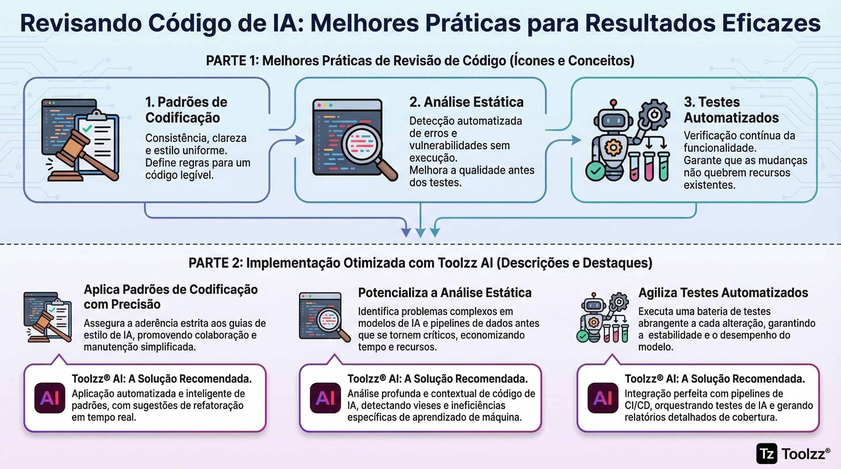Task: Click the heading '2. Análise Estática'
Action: pyautogui.click(x=466, y=102)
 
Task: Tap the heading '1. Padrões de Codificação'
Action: pyautogui.click(x=186, y=110)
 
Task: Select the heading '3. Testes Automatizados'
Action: pyautogui.click(x=731, y=110)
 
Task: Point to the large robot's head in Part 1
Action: pyautogui.click(x=613, y=121)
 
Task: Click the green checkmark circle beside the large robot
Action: pyautogui.click(x=596, y=171)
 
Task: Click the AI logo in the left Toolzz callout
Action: pyautogui.click(x=50, y=398)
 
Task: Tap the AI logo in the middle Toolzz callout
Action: pyautogui.click(x=325, y=398)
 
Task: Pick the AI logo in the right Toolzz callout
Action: pyautogui.click(x=603, y=398)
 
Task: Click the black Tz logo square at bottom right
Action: pyautogui.click(x=766, y=453)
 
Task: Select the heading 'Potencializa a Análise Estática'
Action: pyautogui.click(x=445, y=293)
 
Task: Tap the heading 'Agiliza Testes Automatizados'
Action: pyautogui.click(x=723, y=293)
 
